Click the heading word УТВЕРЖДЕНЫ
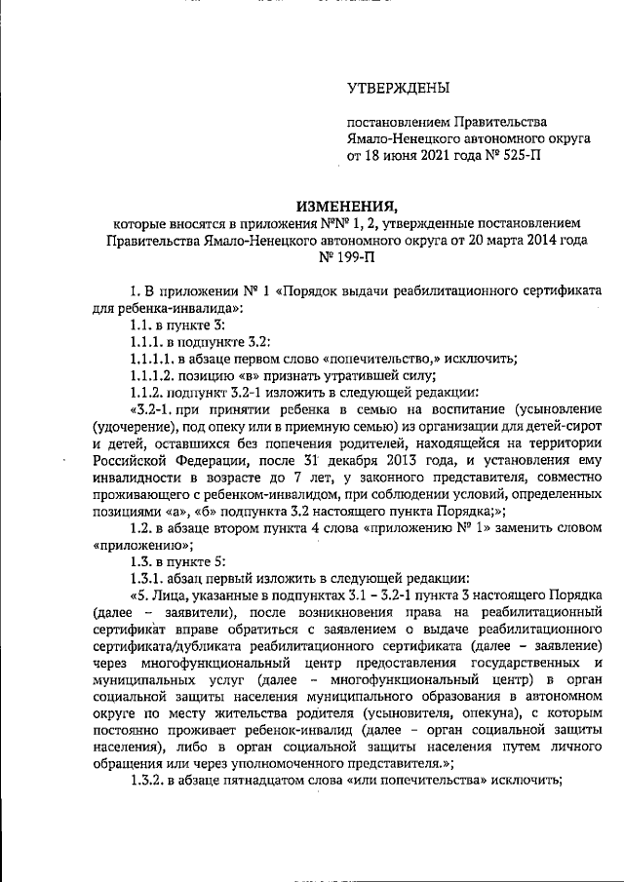click(399, 89)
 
